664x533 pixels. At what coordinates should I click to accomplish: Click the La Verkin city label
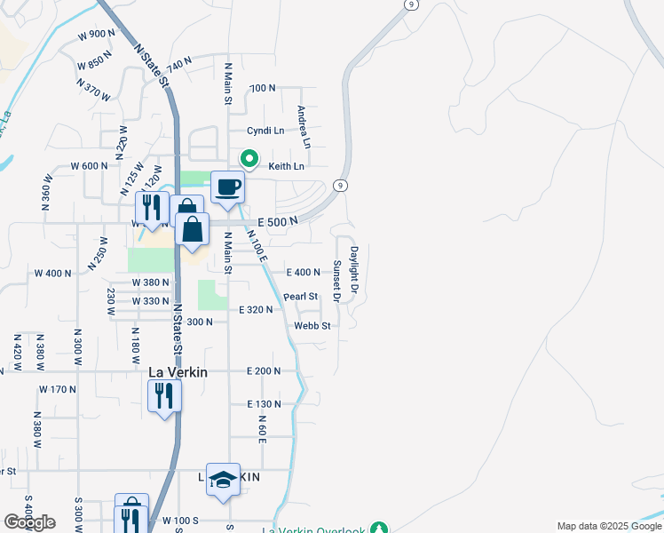(178, 372)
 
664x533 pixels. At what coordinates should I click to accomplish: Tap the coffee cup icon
(228, 187)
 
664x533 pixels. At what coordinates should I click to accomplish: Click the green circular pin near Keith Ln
(250, 160)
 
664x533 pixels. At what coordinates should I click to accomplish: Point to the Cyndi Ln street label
(265, 130)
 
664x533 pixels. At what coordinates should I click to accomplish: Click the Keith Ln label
(286, 166)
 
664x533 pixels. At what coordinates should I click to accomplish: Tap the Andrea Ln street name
(304, 127)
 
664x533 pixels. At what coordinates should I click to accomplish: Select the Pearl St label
(301, 297)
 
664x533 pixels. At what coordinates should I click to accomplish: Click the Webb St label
(312, 326)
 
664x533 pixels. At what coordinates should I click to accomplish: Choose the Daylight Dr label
(353, 270)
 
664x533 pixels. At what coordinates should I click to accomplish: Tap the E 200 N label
(264, 370)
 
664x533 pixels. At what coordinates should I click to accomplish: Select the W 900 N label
(97, 35)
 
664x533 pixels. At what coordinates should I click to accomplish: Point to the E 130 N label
(264, 404)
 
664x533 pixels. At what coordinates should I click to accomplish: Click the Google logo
(29, 522)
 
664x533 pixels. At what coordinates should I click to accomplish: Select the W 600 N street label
(89, 166)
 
